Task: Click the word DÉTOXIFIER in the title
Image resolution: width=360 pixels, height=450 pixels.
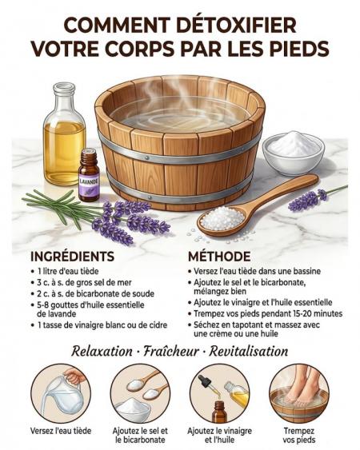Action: point(236,26)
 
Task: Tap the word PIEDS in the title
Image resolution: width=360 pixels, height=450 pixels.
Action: point(301,49)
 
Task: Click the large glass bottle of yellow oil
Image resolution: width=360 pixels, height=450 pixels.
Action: point(64,133)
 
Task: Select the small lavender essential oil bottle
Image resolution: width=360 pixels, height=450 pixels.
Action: point(89,174)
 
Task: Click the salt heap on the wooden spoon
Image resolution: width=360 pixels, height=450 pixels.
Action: point(222,219)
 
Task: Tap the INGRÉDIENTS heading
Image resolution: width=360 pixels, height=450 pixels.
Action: point(73,257)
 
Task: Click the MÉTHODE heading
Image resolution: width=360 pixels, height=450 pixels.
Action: point(219,257)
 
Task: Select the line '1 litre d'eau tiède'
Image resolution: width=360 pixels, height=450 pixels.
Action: point(68,271)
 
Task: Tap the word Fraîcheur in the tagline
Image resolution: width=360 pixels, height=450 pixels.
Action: point(170,351)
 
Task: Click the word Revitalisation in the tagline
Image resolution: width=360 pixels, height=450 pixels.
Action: point(249,351)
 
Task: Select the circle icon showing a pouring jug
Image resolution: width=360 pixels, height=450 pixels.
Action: point(61,393)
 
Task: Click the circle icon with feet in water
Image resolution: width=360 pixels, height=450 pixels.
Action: point(299,393)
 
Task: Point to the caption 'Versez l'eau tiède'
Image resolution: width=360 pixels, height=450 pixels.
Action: point(61,431)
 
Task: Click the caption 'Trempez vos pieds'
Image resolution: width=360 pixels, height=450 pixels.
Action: point(299,435)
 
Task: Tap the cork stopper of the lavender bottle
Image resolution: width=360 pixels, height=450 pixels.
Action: point(89,153)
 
